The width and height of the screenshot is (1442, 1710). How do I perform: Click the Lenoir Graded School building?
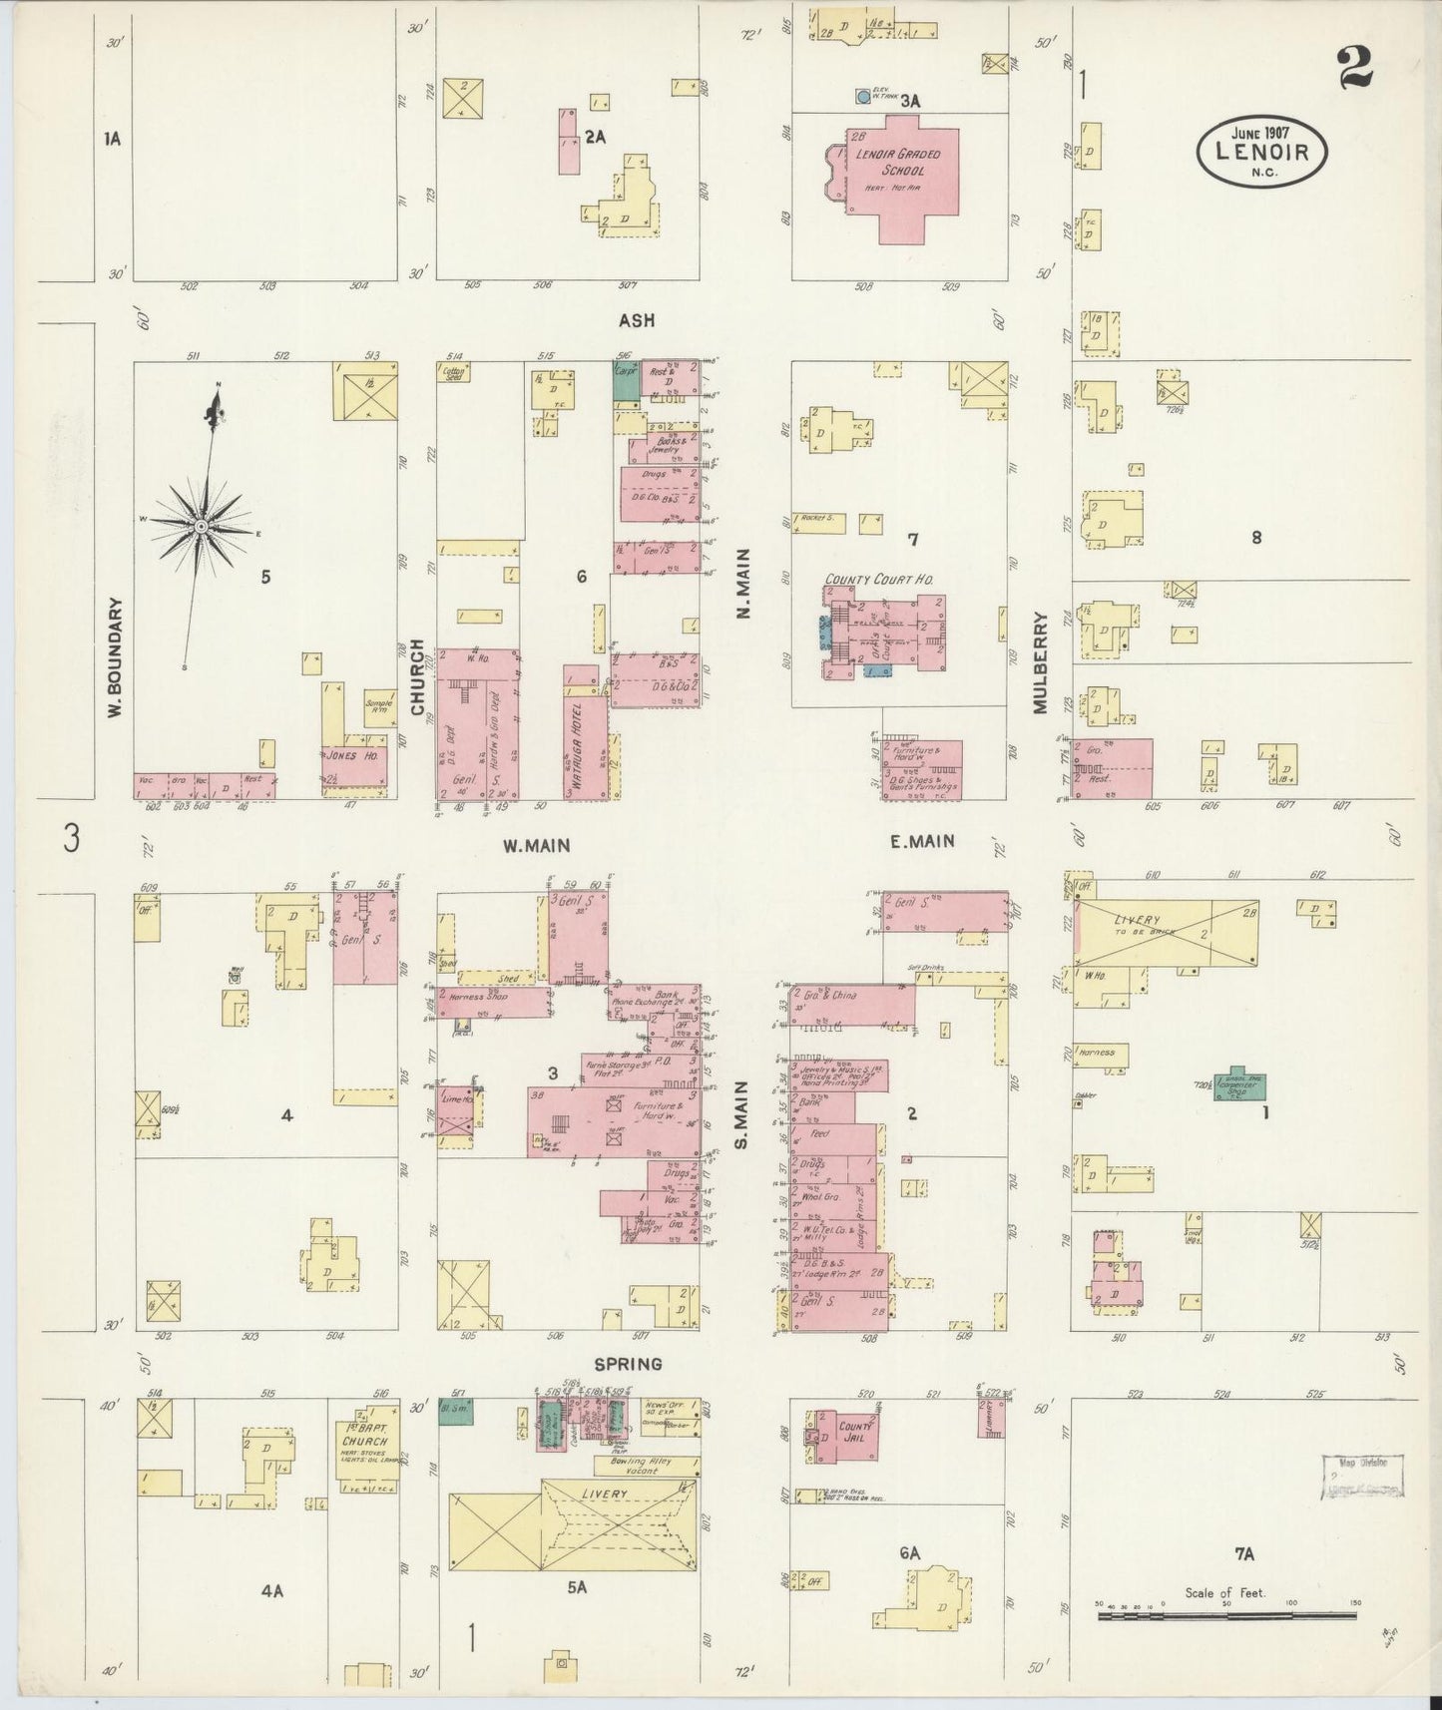click(903, 180)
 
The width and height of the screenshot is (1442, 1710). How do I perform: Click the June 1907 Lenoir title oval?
click(1262, 151)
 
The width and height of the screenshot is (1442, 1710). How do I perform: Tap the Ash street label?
click(636, 320)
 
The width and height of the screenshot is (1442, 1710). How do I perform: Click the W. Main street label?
click(536, 845)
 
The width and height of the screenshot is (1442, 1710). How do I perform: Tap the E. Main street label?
click(921, 841)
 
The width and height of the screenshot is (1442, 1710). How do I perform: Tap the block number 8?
click(1256, 538)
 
